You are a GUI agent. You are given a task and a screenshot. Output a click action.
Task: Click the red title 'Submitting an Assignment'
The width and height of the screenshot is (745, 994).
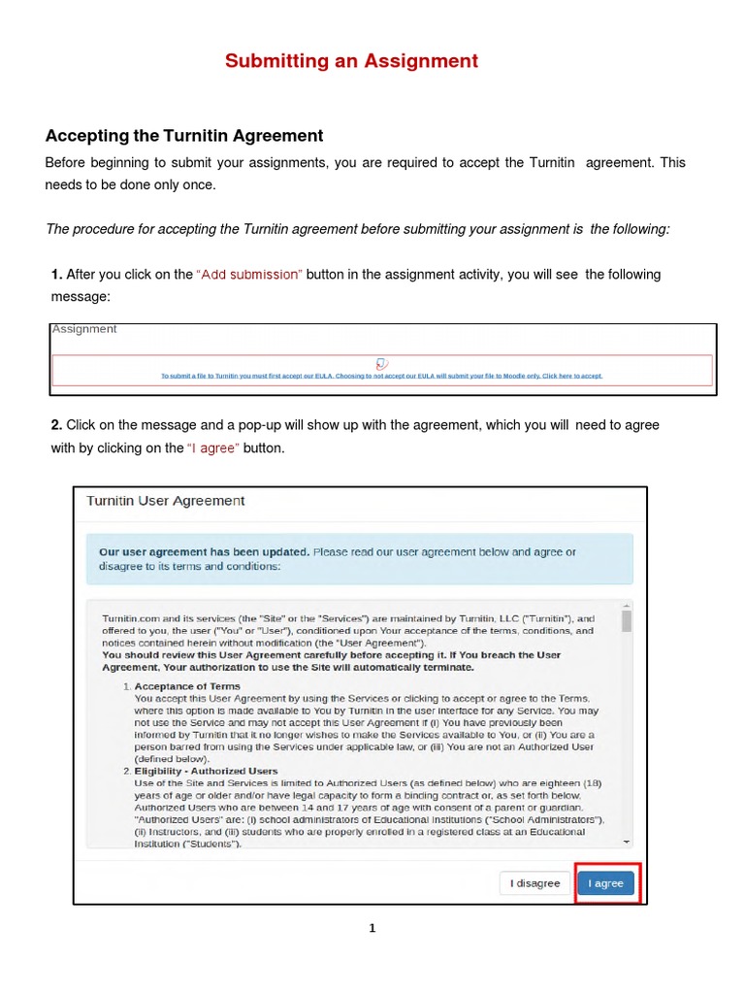coord(351,61)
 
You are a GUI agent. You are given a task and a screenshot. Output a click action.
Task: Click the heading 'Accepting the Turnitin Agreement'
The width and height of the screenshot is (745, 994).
coord(184,136)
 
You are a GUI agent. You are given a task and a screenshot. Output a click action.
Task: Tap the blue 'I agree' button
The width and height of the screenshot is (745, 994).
coord(606,883)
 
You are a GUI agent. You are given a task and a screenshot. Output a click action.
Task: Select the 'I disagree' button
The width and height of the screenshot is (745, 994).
coord(535,883)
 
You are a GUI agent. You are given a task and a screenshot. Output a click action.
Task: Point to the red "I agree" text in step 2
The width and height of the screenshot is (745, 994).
coord(212,448)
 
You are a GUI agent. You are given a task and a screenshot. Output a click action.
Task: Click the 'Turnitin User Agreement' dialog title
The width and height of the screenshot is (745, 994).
coord(166,501)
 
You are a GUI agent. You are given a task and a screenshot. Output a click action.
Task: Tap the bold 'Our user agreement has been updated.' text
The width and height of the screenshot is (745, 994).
coord(205,552)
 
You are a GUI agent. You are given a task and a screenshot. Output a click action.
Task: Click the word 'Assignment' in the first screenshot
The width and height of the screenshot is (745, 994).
coord(84,329)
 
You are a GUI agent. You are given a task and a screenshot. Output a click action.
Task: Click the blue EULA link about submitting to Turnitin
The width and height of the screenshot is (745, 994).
coord(381,376)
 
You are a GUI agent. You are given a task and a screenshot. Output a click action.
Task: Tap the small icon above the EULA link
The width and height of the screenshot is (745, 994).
coord(381,363)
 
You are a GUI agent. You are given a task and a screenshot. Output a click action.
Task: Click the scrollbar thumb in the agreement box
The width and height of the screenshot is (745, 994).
coord(627,621)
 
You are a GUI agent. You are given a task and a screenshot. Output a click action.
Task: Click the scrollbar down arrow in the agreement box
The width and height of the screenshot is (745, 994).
coord(627,842)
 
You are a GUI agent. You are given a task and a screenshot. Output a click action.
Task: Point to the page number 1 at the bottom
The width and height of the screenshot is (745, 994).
coord(372,928)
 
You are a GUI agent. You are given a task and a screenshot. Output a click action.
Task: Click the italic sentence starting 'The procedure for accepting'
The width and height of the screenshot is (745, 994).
coord(358,229)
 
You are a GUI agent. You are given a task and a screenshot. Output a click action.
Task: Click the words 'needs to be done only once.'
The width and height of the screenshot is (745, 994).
coord(130,184)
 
